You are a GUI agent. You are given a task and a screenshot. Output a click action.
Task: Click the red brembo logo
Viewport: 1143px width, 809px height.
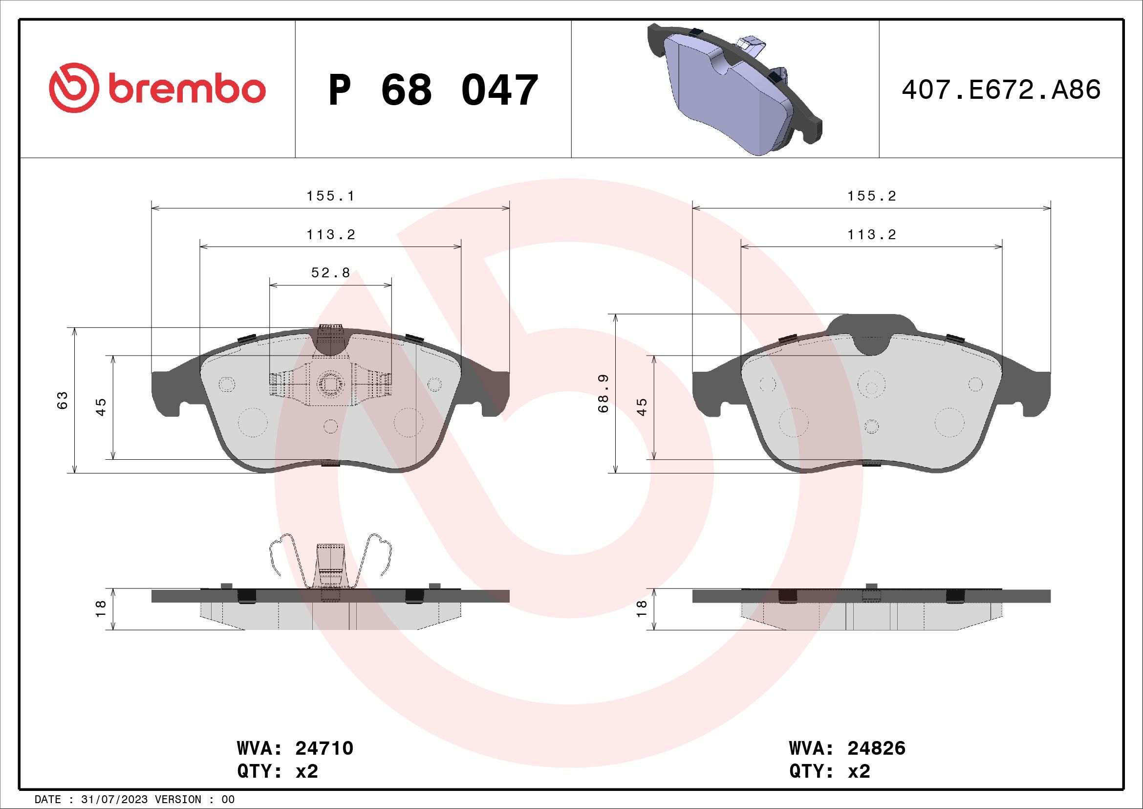[157, 89]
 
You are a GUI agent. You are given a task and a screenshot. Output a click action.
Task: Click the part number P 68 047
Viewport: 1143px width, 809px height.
[433, 90]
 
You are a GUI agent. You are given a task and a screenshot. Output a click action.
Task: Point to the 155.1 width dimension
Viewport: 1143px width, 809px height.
[330, 196]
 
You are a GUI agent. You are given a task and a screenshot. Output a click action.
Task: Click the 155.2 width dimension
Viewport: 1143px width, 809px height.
[872, 196]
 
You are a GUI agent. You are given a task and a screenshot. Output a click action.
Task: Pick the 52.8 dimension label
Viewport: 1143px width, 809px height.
[330, 273]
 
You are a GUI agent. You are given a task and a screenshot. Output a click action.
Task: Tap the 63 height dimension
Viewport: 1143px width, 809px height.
[62, 400]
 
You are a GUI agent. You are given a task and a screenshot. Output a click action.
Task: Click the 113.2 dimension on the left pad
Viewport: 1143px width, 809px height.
[330, 235]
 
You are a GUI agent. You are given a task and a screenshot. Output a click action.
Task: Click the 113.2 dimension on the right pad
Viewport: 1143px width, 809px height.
[872, 235]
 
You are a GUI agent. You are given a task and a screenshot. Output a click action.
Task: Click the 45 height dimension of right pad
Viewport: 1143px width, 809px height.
[642, 407]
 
